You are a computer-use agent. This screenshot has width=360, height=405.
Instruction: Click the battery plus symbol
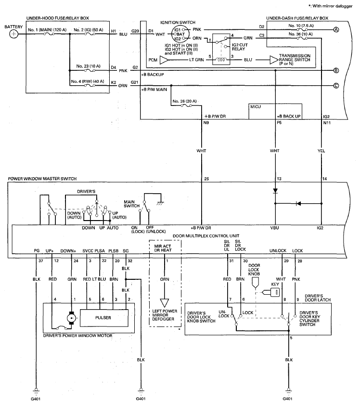pyautogui.click(x=14, y=34)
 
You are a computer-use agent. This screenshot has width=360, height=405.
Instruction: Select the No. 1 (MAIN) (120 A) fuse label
pyautogui.click(x=47, y=30)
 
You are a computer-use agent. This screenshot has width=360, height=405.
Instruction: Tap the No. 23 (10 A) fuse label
pyautogui.click(x=88, y=66)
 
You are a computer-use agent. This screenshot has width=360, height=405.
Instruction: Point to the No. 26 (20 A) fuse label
pyautogui.click(x=184, y=101)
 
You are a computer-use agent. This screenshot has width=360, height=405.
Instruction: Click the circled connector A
pyautogui.click(x=336, y=30)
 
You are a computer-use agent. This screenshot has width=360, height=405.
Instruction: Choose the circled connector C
pyautogui.click(x=336, y=86)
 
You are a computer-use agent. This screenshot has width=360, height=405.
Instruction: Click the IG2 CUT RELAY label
pyautogui.click(x=240, y=47)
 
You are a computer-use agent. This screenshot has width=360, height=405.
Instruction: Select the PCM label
pyautogui.click(x=153, y=60)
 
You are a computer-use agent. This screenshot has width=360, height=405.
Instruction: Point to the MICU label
pyautogui.click(x=256, y=107)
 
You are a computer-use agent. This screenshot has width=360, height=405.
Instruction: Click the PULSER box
pyautogui.click(x=104, y=318)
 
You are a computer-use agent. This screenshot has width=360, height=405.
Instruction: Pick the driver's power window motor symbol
pyautogui.click(x=71, y=318)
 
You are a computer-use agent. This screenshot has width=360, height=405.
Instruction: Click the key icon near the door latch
pyautogui.click(x=271, y=292)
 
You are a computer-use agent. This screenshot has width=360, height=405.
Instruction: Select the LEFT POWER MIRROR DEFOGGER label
pyautogui.click(x=165, y=315)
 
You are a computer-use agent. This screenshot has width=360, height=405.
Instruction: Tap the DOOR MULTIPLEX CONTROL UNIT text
pyautogui.click(x=206, y=236)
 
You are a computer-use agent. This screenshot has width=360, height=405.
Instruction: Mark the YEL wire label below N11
pyautogui.click(x=321, y=151)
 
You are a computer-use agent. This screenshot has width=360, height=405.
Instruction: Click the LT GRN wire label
pyautogui.click(x=196, y=60)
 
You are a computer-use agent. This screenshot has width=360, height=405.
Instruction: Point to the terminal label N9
pyautogui.click(x=206, y=123)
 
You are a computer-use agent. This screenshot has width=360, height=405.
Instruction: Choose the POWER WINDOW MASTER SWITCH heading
pyautogui.click(x=42, y=179)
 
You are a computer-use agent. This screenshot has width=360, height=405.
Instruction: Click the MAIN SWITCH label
pyautogui.click(x=131, y=204)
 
